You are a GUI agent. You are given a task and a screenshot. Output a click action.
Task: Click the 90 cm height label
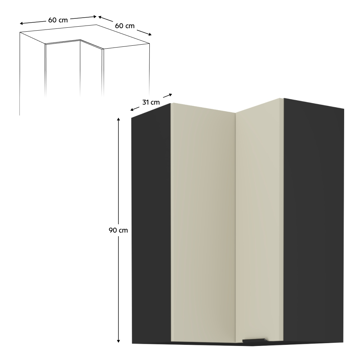click(118, 230)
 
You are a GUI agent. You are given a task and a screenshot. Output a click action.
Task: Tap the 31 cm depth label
click(151, 102)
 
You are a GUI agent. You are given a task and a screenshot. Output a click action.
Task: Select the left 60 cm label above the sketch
click(58, 20)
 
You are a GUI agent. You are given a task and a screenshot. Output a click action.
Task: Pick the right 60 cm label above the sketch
click(125, 26)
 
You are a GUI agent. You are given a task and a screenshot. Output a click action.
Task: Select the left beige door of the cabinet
click(203, 223)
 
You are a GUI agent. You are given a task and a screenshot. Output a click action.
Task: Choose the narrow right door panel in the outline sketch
click(91, 70)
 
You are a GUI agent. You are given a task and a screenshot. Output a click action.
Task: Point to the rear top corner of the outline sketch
click(97, 25)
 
